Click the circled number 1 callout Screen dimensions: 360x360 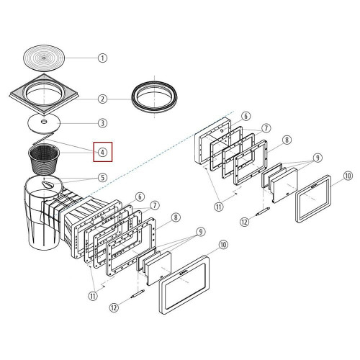tap(102, 58)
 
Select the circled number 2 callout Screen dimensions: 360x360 tap(102, 99)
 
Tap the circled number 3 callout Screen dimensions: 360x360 tap(102, 123)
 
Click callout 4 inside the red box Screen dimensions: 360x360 tap(102, 152)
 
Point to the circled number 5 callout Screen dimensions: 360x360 tap(102, 178)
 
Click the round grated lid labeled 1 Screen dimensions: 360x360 tap(44, 58)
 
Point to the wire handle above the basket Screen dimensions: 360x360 tap(42, 138)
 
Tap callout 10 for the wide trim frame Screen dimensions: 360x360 tap(223, 245)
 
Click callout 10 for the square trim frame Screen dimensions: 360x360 tap(348, 176)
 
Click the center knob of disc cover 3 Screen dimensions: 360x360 tap(44, 122)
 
